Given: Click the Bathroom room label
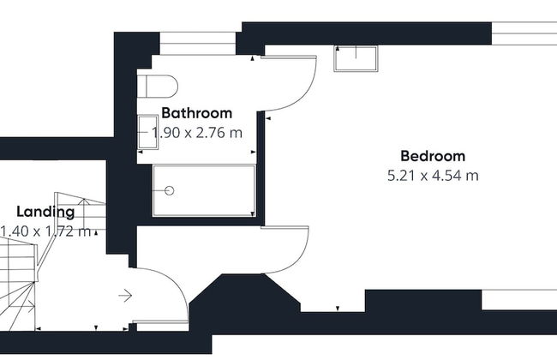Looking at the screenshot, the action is (197, 113).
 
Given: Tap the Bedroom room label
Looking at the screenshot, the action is (433, 156).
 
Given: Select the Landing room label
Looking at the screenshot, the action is (45, 213).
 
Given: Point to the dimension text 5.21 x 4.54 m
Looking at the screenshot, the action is (433, 176).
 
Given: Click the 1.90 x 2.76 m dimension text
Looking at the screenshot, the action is (197, 133).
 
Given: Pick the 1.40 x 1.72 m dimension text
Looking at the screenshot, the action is (45, 231).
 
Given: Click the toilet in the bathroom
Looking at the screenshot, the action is (157, 86).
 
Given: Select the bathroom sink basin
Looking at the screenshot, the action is (147, 132).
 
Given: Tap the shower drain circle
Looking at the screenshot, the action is (170, 191).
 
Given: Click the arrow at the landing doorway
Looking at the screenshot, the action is (125, 296).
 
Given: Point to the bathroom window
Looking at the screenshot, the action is (197, 44).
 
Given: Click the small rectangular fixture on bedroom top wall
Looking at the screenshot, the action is (356, 58).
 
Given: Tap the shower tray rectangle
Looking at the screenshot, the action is (204, 190).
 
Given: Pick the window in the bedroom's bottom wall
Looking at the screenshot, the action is (519, 300).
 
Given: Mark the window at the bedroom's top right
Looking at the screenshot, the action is (524, 33).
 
